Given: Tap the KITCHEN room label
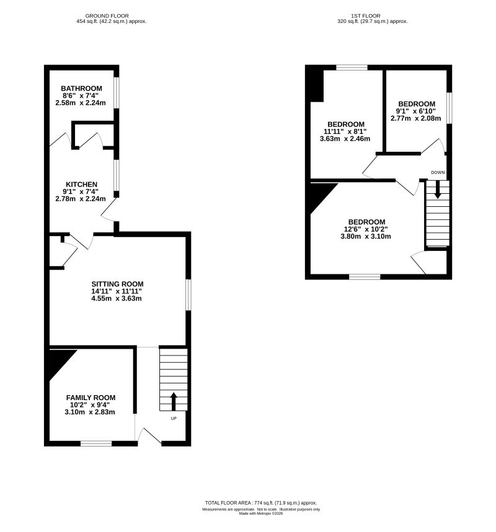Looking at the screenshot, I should [x=81, y=185].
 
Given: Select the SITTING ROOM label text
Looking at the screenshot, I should [x=117, y=284].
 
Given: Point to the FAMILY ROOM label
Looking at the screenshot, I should [x=91, y=398].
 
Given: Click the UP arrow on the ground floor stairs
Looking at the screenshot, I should [x=173, y=401].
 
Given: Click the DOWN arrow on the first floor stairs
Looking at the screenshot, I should [x=438, y=189].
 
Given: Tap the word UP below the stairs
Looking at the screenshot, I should [x=173, y=418].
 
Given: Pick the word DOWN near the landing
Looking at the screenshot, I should [x=438, y=172].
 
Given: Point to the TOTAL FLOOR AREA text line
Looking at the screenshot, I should [x=260, y=502].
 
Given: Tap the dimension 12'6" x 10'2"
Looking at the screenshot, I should [x=366, y=229].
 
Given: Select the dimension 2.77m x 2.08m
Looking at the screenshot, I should [x=415, y=118].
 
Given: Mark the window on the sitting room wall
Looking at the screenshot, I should [x=188, y=294].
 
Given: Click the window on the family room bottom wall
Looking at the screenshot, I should [x=96, y=443].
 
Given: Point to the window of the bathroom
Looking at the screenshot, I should [x=116, y=92].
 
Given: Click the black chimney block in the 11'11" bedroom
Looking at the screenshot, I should [x=316, y=85].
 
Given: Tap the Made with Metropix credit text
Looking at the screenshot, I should [x=260, y=513].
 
